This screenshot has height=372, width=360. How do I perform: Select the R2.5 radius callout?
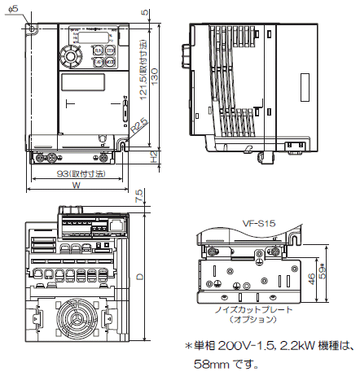tap(138, 125)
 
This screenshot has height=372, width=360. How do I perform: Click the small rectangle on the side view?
tap(304, 87)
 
